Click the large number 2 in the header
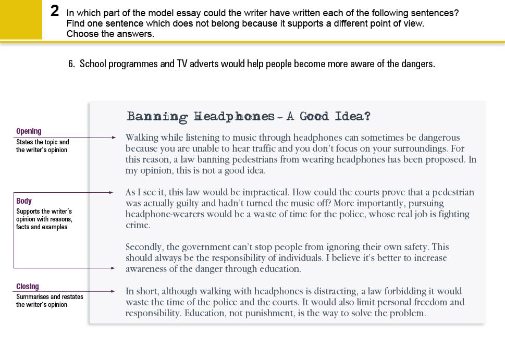55,11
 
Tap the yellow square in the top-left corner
21,19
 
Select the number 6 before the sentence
70,64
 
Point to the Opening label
29,131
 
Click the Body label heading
24,201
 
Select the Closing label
27,287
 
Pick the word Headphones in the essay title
234,116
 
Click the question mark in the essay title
367,116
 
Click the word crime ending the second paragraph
138,225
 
